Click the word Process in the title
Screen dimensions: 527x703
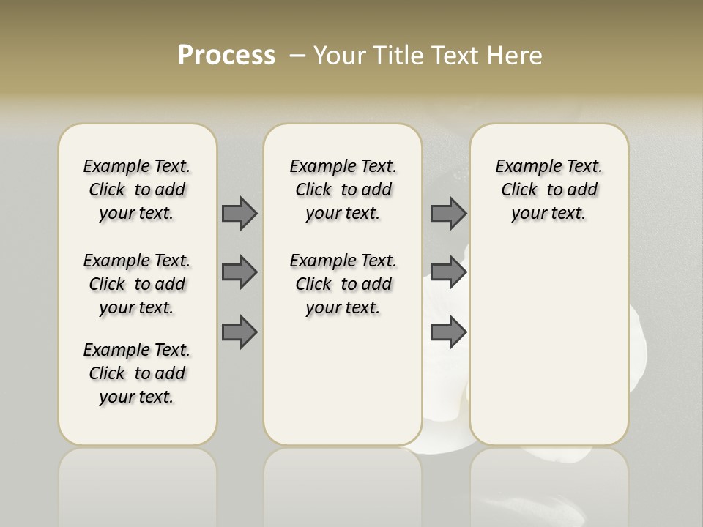pyautogui.click(x=226, y=55)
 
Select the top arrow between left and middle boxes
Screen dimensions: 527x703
pyautogui.click(x=239, y=213)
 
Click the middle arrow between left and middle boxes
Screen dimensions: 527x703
pyautogui.click(x=239, y=272)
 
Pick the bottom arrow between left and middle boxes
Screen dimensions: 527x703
pyautogui.click(x=239, y=332)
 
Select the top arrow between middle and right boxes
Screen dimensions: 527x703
pyautogui.click(x=448, y=213)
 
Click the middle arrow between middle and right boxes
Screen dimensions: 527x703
pyautogui.click(x=448, y=272)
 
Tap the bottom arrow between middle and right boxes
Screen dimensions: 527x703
pyautogui.click(x=448, y=332)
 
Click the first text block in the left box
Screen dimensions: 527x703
pyautogui.click(x=137, y=190)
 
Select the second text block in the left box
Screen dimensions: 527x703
pyautogui.click(x=137, y=284)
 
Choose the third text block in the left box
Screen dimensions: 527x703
pyautogui.click(x=137, y=373)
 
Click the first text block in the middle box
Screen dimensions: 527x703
pyautogui.click(x=343, y=190)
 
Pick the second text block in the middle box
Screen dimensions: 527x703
pyautogui.click(x=343, y=284)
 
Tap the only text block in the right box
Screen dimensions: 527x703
pyautogui.click(x=549, y=190)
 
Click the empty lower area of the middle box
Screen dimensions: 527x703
pyautogui.click(x=343, y=381)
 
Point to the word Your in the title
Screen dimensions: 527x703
pyautogui.click(x=338, y=55)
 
